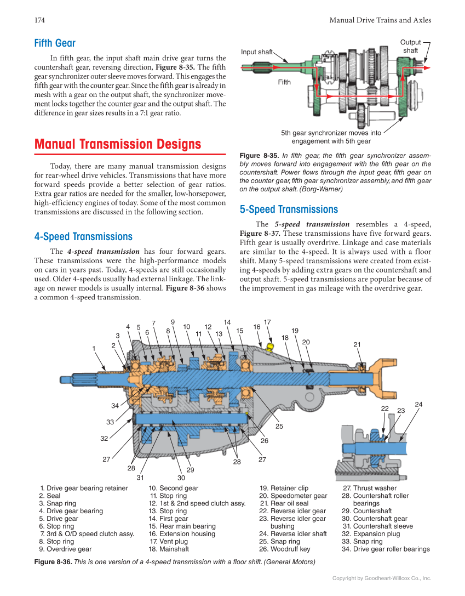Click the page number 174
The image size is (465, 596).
(39, 20)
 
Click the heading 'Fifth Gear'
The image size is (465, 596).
(55, 43)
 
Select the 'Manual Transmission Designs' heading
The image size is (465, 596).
(117, 144)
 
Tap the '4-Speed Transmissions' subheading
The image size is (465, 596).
(83, 237)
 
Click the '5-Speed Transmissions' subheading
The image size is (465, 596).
(289, 209)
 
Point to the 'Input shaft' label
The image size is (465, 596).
(257, 52)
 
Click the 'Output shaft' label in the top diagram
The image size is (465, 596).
(410, 47)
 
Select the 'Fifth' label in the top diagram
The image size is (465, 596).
(284, 82)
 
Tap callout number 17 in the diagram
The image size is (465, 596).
(267, 322)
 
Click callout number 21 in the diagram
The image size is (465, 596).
(357, 345)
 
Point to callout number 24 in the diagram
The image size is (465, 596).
(418, 405)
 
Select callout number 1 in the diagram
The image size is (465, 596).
(94, 348)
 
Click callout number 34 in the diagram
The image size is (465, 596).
(114, 406)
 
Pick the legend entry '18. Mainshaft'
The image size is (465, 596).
(169, 549)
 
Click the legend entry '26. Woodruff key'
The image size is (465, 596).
(284, 549)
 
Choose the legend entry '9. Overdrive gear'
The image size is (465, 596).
(65, 549)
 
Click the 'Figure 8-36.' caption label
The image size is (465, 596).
(53, 562)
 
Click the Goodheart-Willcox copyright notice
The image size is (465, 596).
(382, 578)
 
